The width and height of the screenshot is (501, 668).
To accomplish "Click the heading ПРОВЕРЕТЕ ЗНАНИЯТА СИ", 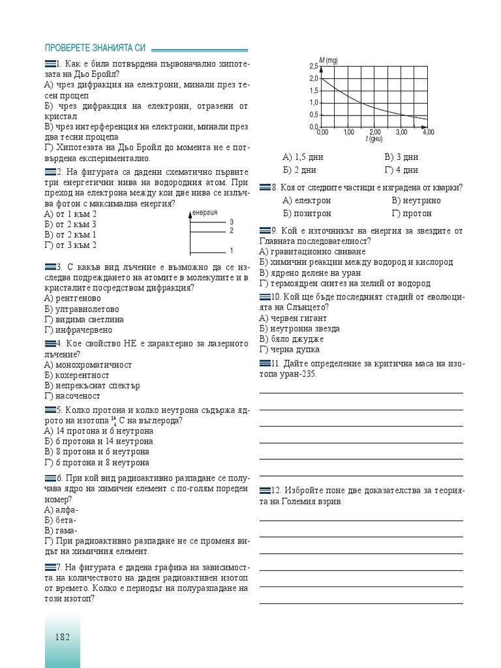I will coord(95,49).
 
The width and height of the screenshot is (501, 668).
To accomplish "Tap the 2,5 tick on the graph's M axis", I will coord(313,66).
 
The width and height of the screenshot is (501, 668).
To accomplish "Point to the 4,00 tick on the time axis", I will coord(428,132).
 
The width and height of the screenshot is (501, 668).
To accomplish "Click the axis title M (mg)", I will coord(329,60).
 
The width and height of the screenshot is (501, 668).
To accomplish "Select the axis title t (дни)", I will coord(374,139).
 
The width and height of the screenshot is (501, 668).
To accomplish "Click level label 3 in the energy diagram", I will coord(232,222).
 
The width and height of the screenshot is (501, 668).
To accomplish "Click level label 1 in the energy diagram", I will coord(232,250).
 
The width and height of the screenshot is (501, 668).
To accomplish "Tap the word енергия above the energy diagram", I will coord(205,213).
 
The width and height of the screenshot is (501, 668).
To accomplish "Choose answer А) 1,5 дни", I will coord(303,157).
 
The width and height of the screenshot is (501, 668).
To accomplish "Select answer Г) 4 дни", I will coord(401,170).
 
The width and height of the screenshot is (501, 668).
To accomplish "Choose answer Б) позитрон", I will coord(307,213).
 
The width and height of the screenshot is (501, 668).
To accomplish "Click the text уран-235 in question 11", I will coord(297,374).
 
